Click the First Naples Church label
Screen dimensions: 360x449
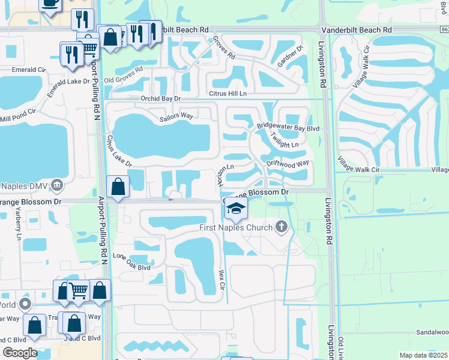click(236, 227)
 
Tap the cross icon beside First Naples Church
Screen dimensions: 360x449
click(281, 227)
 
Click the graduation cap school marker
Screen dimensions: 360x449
click(236, 209)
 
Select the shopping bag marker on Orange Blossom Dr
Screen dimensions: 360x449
click(118, 187)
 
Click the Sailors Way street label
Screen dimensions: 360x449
click(175, 116)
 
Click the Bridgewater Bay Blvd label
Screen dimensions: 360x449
click(288, 127)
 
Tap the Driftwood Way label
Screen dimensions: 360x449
click(288, 163)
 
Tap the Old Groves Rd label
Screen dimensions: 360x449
click(124, 75)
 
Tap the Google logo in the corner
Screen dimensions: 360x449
click(20, 353)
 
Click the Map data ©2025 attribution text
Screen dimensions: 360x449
click(424, 355)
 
